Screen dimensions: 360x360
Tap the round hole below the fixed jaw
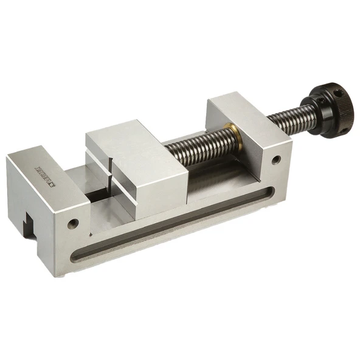pos(74,223)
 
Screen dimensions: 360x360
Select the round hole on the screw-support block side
pos(276,160)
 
